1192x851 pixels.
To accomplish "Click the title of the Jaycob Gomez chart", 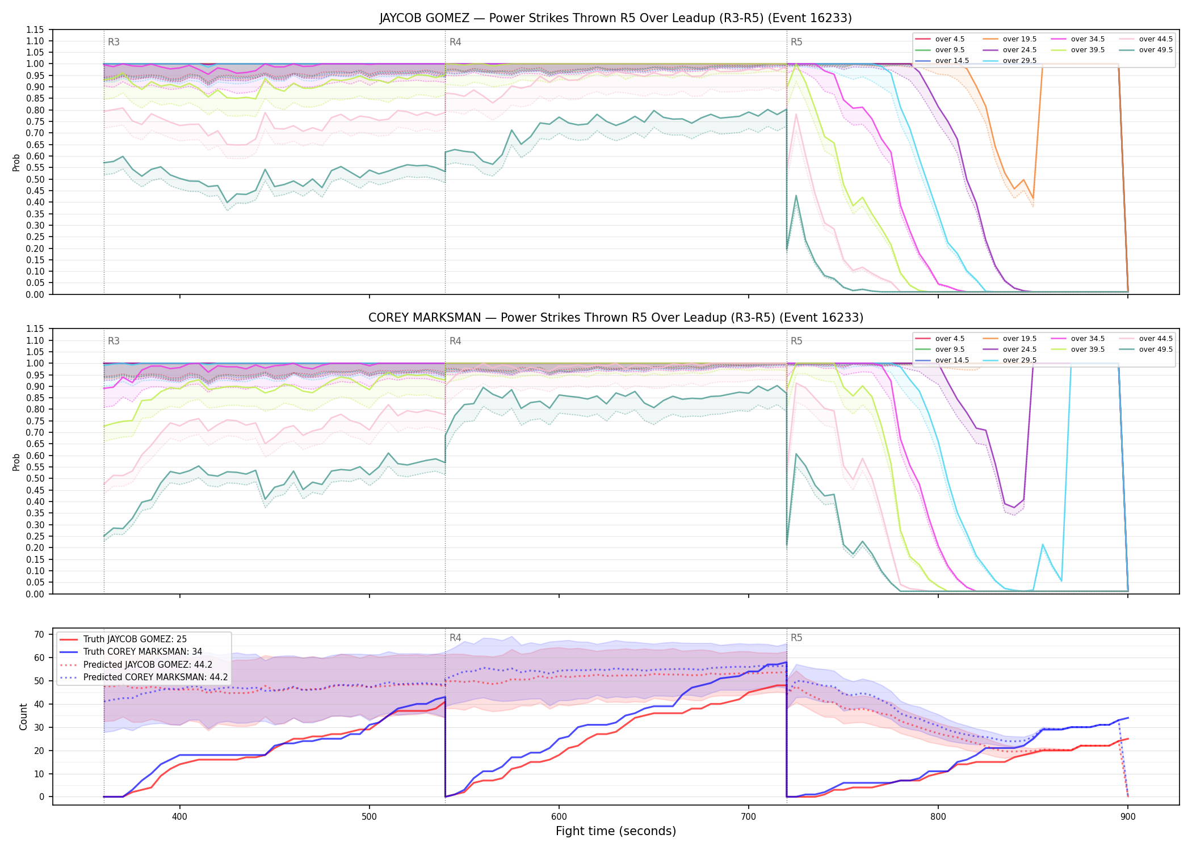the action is [x=616, y=18].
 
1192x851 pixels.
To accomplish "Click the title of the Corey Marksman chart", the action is [x=616, y=318].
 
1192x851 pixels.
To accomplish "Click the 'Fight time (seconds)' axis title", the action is [x=616, y=831].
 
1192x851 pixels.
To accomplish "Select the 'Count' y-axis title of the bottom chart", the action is [x=23, y=717].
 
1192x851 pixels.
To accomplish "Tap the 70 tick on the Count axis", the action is [x=39, y=635].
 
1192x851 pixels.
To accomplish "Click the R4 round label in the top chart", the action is [x=455, y=42].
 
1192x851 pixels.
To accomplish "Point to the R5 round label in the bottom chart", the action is [x=796, y=638].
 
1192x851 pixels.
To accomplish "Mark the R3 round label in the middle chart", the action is [x=114, y=341].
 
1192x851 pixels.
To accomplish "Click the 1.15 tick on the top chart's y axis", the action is [x=35, y=30].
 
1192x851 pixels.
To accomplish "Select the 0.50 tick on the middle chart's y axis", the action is [x=35, y=478].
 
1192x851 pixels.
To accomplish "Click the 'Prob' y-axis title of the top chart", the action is [x=16, y=162].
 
